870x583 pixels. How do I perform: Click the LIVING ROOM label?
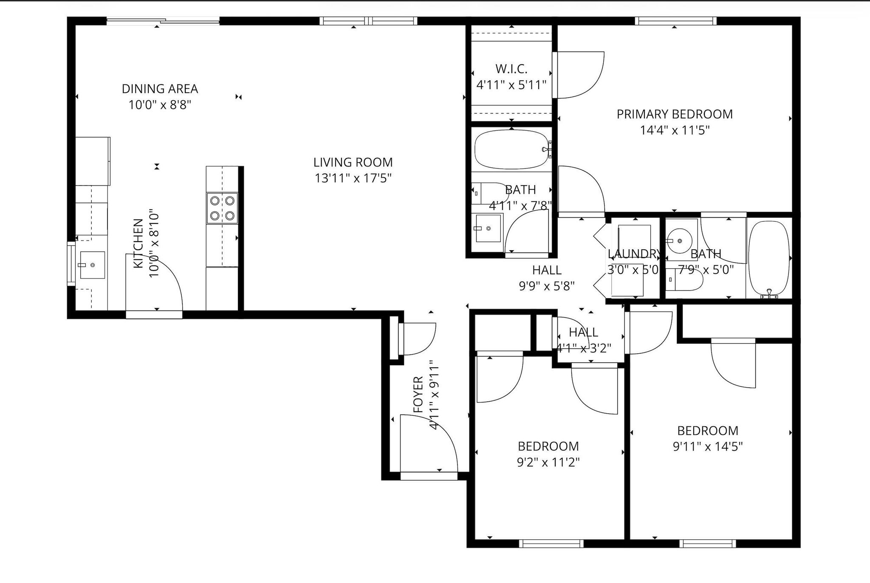point(353,162)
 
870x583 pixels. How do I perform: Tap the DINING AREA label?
point(160,89)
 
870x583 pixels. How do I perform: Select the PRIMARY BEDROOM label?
point(675,114)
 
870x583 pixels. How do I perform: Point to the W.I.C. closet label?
point(511,69)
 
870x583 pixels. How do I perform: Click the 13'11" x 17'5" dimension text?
point(353,178)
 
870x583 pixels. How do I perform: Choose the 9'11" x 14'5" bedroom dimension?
point(708,447)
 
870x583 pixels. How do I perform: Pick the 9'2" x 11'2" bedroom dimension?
point(548,462)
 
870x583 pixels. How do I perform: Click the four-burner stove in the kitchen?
point(222,208)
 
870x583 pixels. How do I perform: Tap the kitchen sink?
point(93,265)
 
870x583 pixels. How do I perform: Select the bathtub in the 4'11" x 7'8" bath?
point(511,149)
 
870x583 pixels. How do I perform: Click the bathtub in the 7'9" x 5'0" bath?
point(769,258)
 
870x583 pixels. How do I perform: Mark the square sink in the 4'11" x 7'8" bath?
point(488,228)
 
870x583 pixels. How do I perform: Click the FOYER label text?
point(418,394)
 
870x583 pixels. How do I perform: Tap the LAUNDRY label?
point(634,254)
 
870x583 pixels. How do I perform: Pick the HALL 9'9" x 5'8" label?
point(547,278)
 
